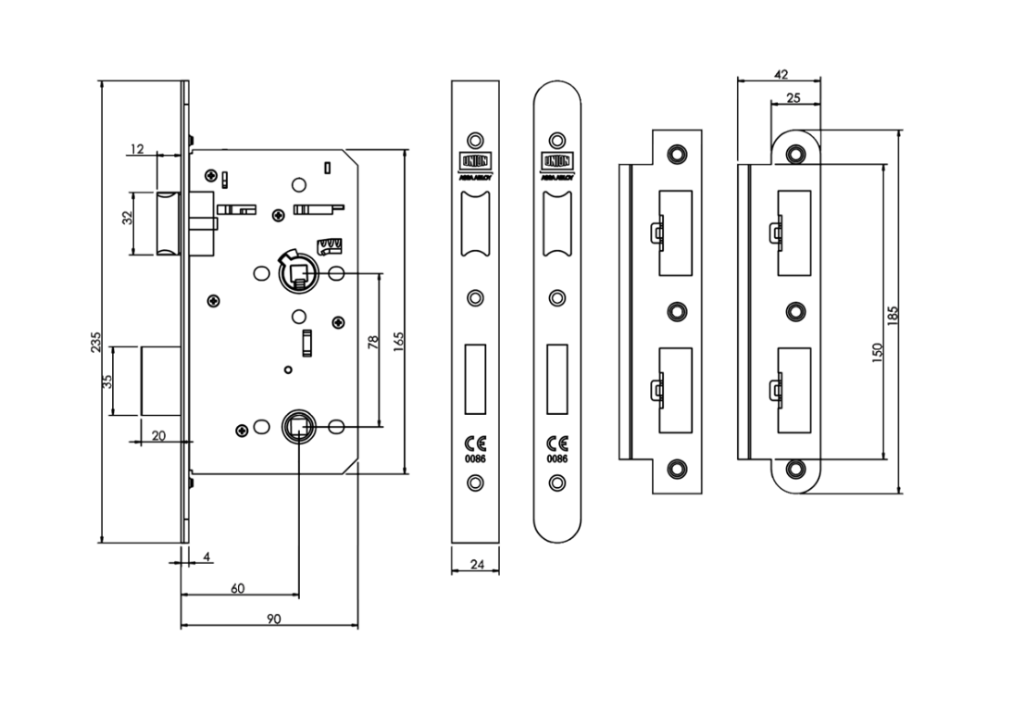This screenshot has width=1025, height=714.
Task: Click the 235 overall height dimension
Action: [x=95, y=342]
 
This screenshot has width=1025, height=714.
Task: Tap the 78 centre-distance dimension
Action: [x=373, y=342]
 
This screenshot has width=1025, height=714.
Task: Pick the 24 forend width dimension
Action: [x=475, y=563]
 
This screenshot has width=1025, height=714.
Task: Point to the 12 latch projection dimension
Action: [x=138, y=149]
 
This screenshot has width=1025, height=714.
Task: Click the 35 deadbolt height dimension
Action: [x=107, y=382]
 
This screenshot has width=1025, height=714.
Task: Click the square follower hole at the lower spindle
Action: [x=299, y=426]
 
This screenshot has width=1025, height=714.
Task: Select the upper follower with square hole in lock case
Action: [x=298, y=272]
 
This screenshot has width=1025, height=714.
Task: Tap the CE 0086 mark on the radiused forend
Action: [x=556, y=447]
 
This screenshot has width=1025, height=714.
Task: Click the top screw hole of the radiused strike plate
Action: [x=794, y=154]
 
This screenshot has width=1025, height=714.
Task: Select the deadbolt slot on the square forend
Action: [x=475, y=378]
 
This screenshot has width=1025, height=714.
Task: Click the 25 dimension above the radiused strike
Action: [x=794, y=97]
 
